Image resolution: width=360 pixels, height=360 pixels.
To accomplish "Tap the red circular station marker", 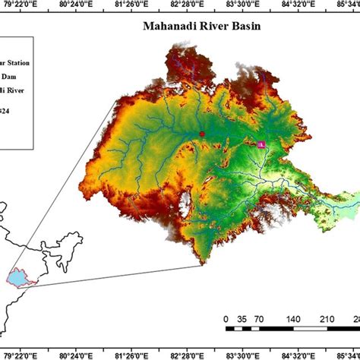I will [202, 134].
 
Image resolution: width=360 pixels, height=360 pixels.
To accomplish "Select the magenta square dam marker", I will [261, 144].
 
